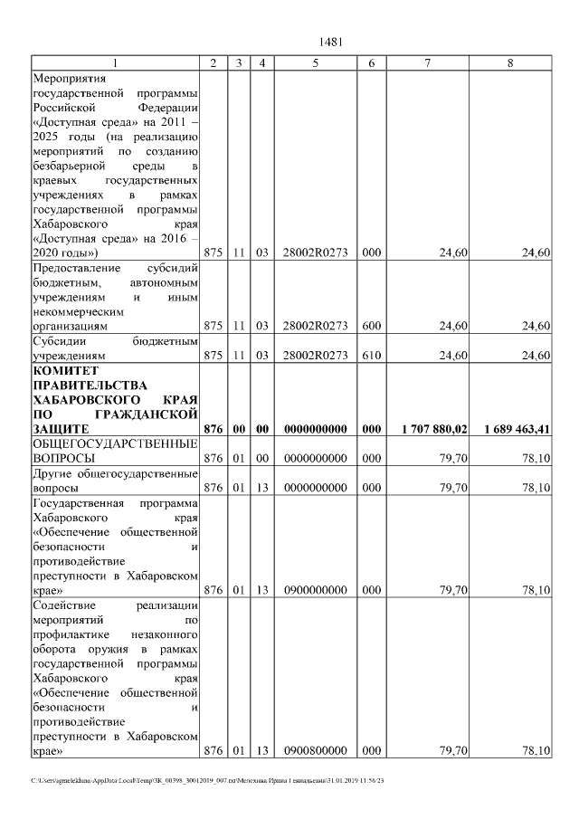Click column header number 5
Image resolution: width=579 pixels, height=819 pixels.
click(x=315, y=62)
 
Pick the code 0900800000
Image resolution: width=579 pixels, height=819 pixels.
click(x=315, y=750)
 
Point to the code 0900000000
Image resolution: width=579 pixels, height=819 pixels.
click(x=315, y=590)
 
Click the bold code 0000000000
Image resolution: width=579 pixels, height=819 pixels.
click(x=315, y=428)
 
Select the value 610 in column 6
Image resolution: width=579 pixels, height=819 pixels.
click(x=371, y=356)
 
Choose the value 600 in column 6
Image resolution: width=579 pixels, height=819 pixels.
click(x=371, y=325)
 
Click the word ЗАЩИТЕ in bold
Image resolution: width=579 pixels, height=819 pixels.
click(x=60, y=428)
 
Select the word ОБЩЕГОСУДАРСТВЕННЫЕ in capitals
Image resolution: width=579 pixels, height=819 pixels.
click(x=115, y=443)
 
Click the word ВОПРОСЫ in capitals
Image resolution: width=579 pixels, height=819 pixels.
click(x=62, y=458)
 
